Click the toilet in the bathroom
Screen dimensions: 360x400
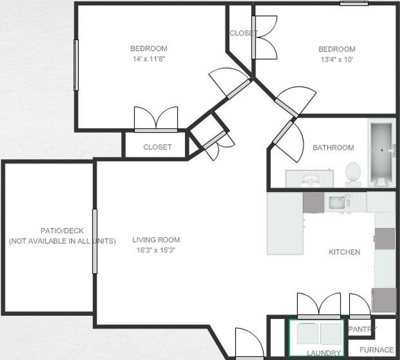(353, 173)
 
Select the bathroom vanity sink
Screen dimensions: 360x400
(310, 179)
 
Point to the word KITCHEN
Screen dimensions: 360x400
(344, 252)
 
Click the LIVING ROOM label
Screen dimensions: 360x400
(156, 240)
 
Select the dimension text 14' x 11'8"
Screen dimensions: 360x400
(149, 59)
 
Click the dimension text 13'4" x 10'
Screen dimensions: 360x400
(337, 59)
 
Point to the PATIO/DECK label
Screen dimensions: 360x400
(62, 231)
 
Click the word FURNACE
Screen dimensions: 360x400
(376, 350)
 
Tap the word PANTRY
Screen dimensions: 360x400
(362, 330)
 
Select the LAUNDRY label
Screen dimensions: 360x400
(324, 353)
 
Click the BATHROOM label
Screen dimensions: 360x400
(333, 148)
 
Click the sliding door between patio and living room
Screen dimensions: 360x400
(94, 241)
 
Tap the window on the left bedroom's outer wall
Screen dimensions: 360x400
(76, 65)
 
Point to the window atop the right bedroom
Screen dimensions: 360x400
(354, 3)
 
